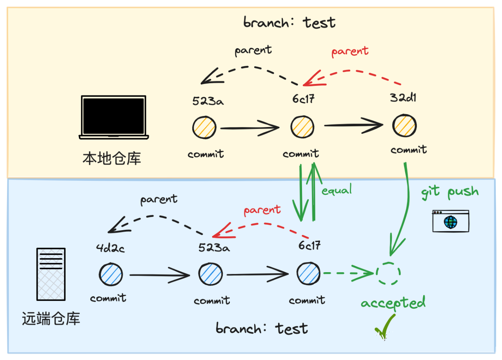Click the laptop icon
(114, 117)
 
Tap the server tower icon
(51, 274)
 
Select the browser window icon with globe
(451, 221)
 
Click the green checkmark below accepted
(385, 327)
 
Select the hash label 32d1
(403, 98)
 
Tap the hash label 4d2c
(110, 248)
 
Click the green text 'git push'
(450, 192)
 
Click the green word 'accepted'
(393, 303)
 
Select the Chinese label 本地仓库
(112, 158)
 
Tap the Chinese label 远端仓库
(51, 318)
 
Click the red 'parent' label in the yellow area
(350, 51)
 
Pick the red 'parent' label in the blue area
(262, 210)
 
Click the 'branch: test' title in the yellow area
(289, 23)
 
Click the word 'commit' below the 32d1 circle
(409, 150)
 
